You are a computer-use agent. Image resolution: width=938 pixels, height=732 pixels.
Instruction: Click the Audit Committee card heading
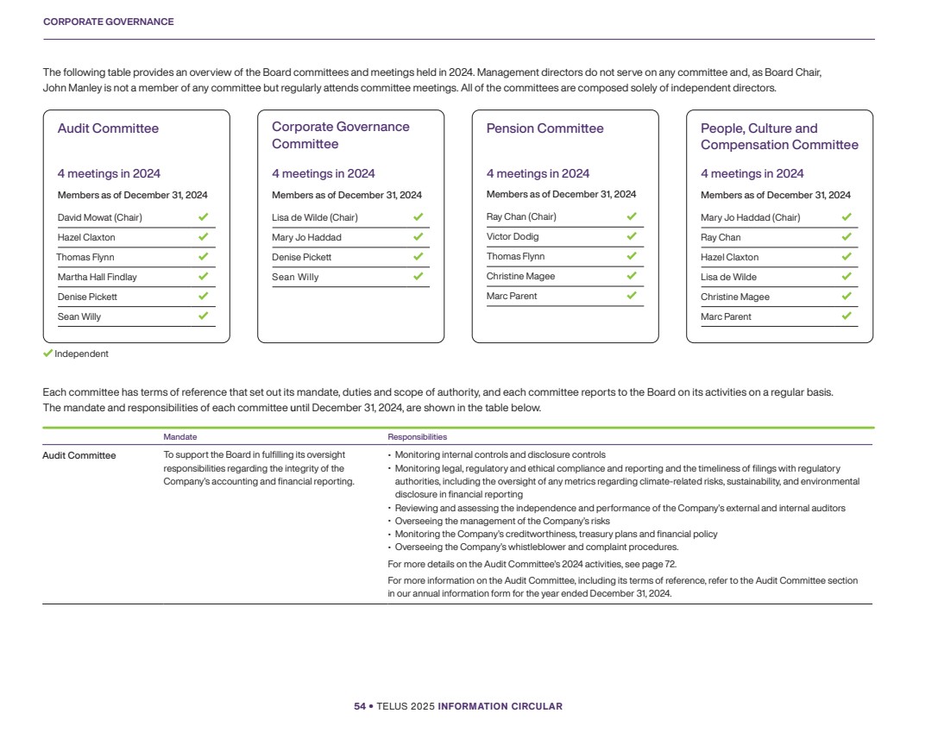(108, 128)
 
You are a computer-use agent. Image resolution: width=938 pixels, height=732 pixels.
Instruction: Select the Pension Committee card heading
(545, 128)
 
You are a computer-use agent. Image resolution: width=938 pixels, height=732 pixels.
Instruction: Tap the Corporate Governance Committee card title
(340, 135)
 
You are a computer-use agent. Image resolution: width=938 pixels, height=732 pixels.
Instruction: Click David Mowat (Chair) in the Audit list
(99, 217)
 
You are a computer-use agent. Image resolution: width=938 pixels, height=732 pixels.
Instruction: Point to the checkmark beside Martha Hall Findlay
(203, 277)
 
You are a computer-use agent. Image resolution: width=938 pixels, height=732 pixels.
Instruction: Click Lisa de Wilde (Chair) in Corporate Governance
(314, 217)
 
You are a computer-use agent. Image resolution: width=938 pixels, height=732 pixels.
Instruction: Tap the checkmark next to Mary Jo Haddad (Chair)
(847, 217)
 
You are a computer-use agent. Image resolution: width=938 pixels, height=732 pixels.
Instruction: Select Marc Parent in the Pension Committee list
(512, 296)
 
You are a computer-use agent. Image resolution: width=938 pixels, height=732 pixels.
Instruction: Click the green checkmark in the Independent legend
(48, 353)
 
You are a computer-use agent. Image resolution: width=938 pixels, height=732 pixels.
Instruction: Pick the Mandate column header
(179, 437)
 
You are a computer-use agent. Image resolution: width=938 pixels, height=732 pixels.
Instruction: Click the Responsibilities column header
(418, 437)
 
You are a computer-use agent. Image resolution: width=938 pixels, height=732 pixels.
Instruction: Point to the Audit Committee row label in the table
(79, 455)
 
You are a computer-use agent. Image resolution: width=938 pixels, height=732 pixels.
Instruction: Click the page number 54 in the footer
(360, 706)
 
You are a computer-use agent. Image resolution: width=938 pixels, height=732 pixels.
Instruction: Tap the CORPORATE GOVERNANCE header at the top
(108, 22)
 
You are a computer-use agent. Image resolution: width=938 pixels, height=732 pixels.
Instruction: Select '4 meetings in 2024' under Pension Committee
(538, 173)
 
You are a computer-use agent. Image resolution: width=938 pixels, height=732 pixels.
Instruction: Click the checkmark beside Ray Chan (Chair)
(632, 216)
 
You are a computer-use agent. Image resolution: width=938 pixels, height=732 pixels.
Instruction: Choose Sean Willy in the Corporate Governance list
(295, 277)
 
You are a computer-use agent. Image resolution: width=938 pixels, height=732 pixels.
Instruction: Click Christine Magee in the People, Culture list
(734, 297)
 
